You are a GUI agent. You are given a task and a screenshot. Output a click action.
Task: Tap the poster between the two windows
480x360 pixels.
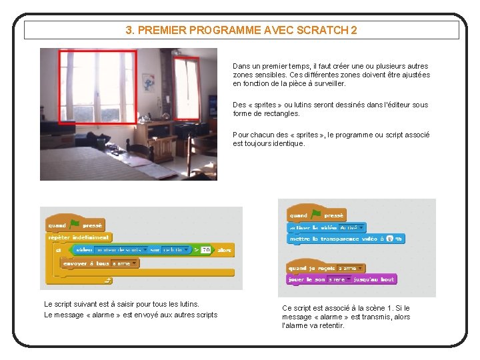coord(149,83)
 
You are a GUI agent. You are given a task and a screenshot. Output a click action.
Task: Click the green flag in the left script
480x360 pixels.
coord(75,224)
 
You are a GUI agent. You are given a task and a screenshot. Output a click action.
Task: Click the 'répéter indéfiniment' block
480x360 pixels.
coord(79,237)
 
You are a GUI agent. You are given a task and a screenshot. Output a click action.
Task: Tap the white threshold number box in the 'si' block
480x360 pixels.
coord(206,250)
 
